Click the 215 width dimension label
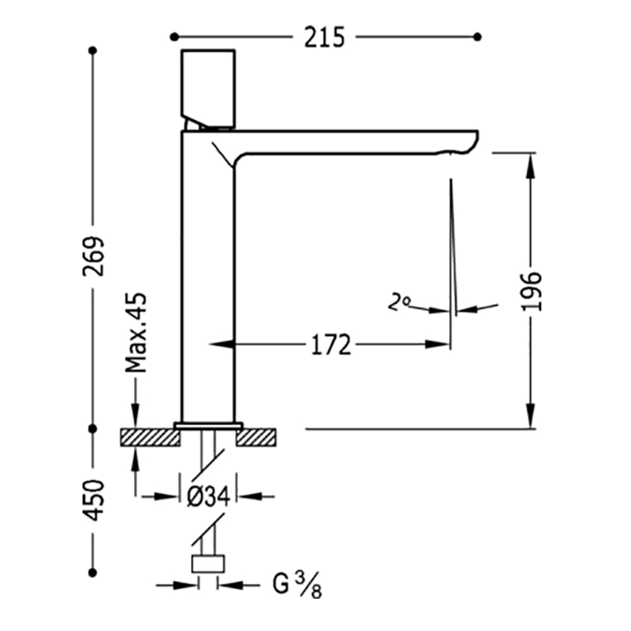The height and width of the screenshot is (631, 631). click(324, 37)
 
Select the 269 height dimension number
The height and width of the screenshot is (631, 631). click(93, 256)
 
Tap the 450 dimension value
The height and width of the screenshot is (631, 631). click(93, 500)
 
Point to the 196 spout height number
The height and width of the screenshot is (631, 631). click(531, 291)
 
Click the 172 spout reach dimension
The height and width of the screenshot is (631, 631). click(330, 345)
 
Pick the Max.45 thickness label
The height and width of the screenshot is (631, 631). click(136, 333)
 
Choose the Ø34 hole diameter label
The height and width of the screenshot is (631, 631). click(208, 496)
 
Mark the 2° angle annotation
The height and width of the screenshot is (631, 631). click(399, 302)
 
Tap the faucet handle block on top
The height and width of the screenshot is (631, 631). click(208, 89)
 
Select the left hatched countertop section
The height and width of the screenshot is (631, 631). click(150, 438)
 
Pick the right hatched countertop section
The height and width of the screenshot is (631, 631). click(256, 438)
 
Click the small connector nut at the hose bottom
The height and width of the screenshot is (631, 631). click(207, 564)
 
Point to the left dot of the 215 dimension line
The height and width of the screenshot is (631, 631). click(174, 37)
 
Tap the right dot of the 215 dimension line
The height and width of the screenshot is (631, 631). click(477, 37)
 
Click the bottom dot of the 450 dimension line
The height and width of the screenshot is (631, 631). click(93, 573)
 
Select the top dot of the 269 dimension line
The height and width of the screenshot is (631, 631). click(93, 50)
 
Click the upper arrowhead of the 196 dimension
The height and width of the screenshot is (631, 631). click(531, 165)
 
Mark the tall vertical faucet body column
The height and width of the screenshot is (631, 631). click(207, 277)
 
